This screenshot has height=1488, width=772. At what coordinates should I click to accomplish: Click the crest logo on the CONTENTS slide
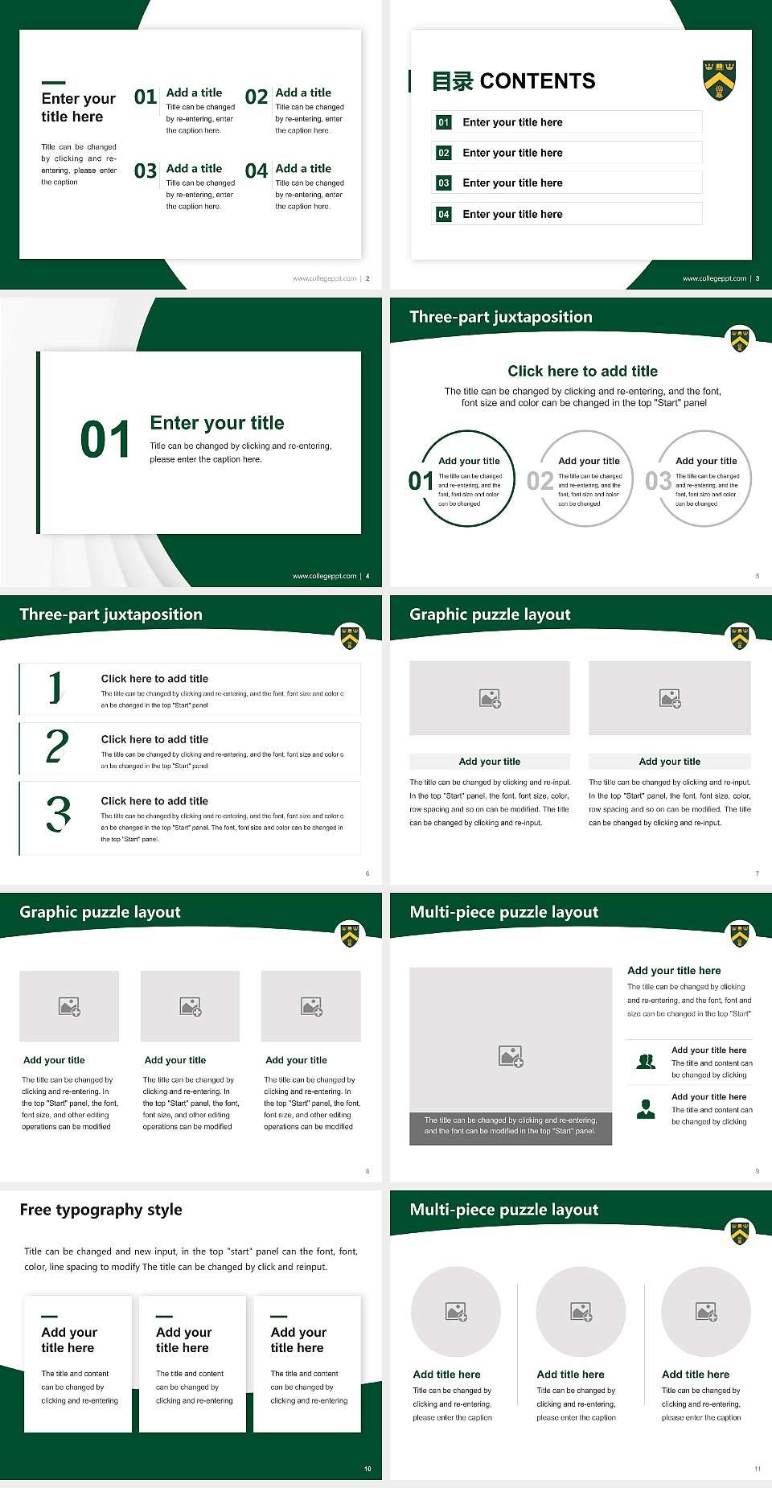[x=720, y=80]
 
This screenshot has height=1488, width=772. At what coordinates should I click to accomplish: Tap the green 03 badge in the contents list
[x=444, y=183]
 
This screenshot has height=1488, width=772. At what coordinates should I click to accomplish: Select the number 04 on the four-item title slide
[x=257, y=171]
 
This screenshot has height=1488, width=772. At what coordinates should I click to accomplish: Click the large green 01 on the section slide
[x=105, y=440]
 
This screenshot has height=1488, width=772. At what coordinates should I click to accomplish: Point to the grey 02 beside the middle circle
[x=540, y=481]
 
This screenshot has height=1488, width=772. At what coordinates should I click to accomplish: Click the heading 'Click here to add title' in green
[x=582, y=371]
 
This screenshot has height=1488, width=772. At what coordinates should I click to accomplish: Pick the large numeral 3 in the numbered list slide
[x=58, y=814]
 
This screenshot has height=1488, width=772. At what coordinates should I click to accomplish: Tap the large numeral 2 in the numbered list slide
[x=57, y=746]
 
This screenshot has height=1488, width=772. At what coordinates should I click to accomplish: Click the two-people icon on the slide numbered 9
[x=646, y=1062]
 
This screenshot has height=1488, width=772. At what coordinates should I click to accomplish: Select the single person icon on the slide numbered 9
[x=646, y=1109]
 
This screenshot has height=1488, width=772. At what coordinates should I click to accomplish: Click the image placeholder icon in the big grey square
[x=511, y=1056]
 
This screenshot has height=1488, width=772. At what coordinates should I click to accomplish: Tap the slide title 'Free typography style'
[x=101, y=1210]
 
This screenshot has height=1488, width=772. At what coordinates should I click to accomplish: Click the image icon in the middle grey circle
[x=581, y=1312]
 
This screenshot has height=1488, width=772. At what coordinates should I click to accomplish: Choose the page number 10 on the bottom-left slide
[x=368, y=1469]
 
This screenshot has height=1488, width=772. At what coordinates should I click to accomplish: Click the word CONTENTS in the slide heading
[x=537, y=81]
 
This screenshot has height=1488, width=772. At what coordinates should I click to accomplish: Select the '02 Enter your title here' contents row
[x=566, y=153]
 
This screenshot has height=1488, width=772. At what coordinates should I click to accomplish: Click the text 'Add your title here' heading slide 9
[x=674, y=971]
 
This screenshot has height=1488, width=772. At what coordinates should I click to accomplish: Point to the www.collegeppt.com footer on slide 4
[x=324, y=576]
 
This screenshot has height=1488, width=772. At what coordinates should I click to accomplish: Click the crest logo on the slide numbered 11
[x=739, y=1232]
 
